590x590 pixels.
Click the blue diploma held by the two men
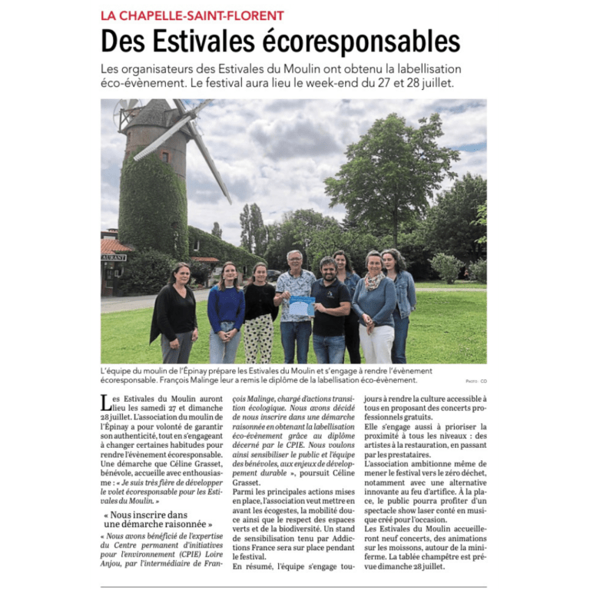(302, 306)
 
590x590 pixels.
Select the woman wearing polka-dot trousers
(259, 315)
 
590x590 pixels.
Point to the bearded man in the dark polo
(330, 311)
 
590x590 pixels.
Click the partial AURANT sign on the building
(113, 257)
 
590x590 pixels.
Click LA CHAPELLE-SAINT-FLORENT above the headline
(192, 15)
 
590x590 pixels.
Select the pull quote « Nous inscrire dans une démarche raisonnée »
(157, 519)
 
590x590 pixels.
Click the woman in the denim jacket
(400, 303)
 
